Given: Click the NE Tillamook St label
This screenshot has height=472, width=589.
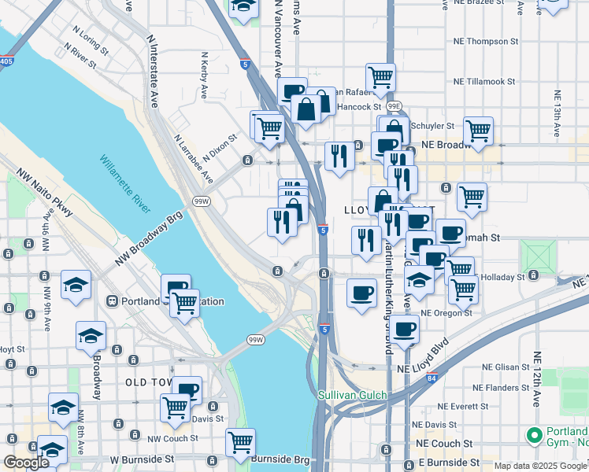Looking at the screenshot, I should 484,81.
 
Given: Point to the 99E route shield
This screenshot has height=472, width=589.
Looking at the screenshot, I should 395,105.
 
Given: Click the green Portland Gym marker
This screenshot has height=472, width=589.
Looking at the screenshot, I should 535,434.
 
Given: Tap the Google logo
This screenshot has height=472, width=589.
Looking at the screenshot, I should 26,463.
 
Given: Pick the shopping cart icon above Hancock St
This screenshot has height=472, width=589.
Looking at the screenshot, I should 380,77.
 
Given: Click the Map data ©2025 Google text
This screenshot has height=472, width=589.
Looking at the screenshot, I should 540,466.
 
